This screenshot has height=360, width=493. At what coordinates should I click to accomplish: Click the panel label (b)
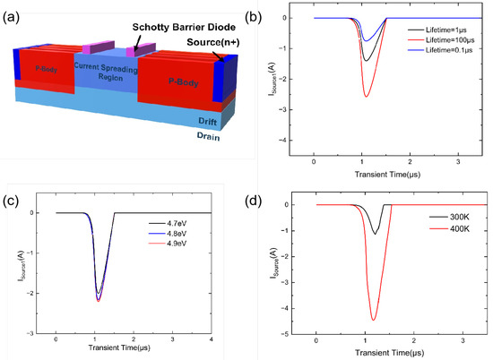click(257, 13)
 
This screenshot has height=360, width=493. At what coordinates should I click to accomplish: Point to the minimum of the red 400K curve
click(374, 320)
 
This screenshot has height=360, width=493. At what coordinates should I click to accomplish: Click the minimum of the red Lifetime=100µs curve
click(366, 96)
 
